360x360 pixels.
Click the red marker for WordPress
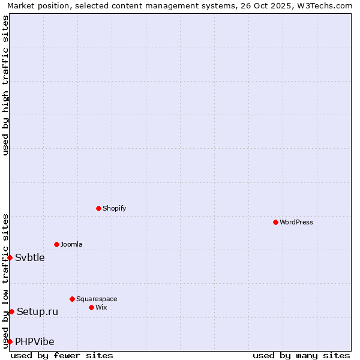275,222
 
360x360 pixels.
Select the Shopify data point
98,208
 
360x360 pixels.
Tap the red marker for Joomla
56,244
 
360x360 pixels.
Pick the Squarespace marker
72,299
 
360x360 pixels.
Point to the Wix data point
91,307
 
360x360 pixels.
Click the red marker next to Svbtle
10,257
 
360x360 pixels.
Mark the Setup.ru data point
11,311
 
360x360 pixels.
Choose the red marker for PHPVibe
10,341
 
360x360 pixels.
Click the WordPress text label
296,222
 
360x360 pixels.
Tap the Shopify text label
114,208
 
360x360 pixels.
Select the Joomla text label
71,244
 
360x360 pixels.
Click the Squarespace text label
97,299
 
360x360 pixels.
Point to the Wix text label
101,307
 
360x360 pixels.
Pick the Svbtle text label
30,258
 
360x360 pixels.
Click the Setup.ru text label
37,311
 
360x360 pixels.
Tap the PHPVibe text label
35,342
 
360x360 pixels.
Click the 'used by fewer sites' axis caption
62,355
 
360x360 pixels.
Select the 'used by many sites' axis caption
301,355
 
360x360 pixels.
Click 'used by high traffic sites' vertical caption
5,85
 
